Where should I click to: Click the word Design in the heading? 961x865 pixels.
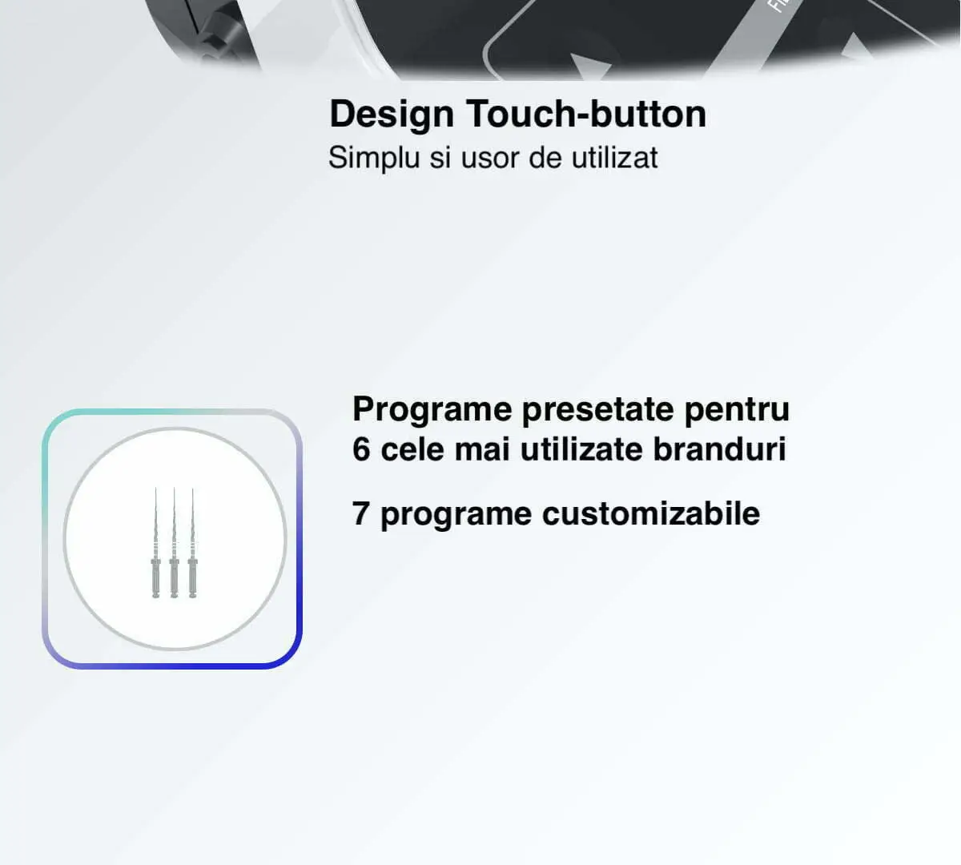coord(392,115)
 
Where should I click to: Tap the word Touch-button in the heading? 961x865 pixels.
coord(586,114)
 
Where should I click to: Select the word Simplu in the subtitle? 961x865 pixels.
coord(374,158)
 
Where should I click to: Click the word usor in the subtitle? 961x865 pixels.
coord(490,159)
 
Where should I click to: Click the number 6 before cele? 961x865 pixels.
coord(361,449)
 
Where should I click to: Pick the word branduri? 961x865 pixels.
coord(719,449)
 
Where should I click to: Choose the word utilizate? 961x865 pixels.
coord(581,449)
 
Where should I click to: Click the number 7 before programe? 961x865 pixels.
coord(360,513)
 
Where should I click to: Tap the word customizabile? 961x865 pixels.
coord(651,513)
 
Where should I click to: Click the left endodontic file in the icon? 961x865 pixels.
coord(155,543)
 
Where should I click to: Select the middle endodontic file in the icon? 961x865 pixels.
coord(174,543)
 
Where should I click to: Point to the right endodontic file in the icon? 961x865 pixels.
coord(192,543)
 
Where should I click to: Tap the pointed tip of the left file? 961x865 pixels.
coord(155,489)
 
